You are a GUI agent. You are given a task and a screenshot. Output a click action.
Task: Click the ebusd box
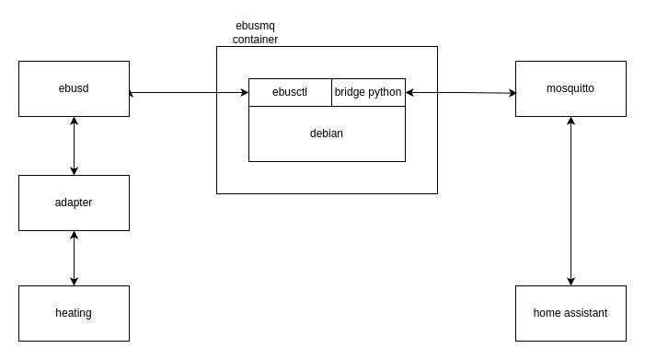74,88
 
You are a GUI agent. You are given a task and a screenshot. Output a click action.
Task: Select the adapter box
74,203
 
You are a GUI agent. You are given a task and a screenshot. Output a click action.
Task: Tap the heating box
74,313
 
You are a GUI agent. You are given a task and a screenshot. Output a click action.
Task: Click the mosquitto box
570,88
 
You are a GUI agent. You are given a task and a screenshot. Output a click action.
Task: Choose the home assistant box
570,313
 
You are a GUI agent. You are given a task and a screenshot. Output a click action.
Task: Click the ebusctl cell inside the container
290,92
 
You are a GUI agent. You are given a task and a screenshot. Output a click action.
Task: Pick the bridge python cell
368,92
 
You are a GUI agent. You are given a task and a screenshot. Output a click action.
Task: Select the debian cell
327,134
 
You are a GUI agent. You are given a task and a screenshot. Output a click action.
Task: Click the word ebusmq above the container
255,27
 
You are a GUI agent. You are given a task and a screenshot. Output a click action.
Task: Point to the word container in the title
255,40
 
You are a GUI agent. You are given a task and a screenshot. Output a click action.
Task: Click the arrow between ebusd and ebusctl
189,92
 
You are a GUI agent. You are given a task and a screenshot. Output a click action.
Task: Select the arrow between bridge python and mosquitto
460,92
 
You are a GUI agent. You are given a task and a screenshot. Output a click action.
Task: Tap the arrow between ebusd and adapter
74,145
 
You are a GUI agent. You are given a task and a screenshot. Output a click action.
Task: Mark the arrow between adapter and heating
74,258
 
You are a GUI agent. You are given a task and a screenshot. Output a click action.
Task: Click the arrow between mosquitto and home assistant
570,201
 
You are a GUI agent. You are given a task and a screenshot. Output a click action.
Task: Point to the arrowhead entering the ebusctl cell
244,92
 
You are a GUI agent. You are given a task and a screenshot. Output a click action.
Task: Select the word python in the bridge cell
385,92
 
